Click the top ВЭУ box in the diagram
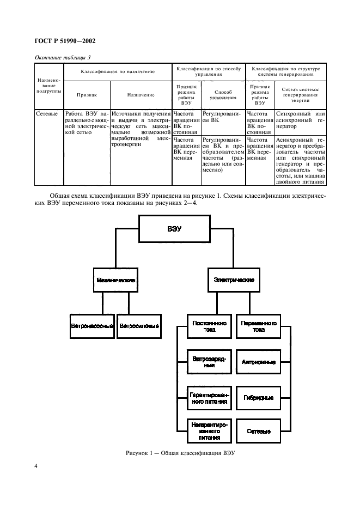(x=175, y=229)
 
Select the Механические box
(x=116, y=280)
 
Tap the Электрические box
(x=234, y=280)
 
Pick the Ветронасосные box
(x=93, y=326)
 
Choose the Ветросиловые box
(x=139, y=326)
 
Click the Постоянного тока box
(x=210, y=326)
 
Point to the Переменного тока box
(x=259, y=326)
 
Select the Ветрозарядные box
(x=210, y=362)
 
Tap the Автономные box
(x=259, y=362)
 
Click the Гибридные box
(x=259, y=398)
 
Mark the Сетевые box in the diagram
(x=259, y=432)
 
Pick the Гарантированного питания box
(x=210, y=398)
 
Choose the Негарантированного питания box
(x=210, y=432)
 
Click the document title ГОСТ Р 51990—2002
(x=65, y=41)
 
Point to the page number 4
(x=36, y=466)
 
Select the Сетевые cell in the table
(x=47, y=114)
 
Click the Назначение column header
(x=141, y=95)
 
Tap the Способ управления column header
(x=223, y=95)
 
